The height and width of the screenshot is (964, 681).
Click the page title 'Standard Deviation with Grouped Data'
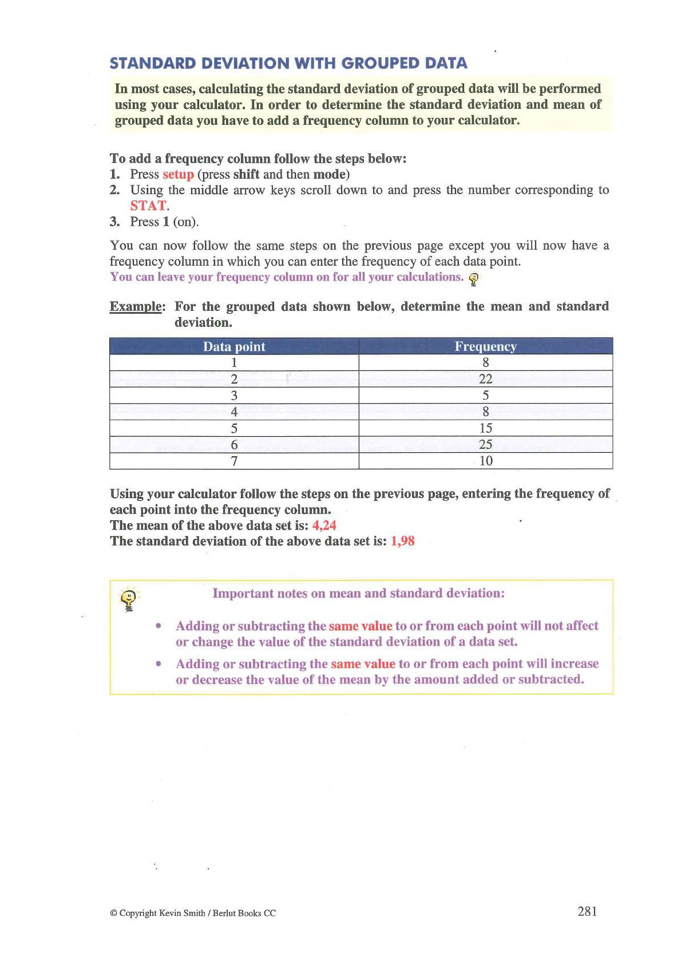[x=288, y=63]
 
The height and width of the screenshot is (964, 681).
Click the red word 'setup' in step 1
[x=178, y=174]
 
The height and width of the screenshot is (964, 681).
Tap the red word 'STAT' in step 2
[x=148, y=206]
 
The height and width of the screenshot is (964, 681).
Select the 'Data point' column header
[x=234, y=346]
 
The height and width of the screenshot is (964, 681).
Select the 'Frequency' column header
[x=485, y=346]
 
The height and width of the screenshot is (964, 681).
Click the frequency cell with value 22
[x=485, y=379]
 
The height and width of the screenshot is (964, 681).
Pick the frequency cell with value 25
[x=485, y=445]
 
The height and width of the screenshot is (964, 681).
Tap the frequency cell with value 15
[x=485, y=428]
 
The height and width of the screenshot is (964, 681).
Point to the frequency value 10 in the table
[x=485, y=461]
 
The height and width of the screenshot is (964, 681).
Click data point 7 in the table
[x=234, y=461]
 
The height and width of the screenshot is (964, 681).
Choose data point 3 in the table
[x=234, y=396]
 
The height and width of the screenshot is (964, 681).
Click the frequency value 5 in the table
[x=485, y=396]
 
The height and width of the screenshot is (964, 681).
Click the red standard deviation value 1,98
[x=402, y=542]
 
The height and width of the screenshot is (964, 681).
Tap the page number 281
[x=587, y=912]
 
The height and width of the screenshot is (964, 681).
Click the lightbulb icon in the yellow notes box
[x=130, y=600]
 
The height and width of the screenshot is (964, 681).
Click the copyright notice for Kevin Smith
[x=193, y=913]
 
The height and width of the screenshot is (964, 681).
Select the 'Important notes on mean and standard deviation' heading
[x=358, y=593]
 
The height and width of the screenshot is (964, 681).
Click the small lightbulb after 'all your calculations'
[x=474, y=279]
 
